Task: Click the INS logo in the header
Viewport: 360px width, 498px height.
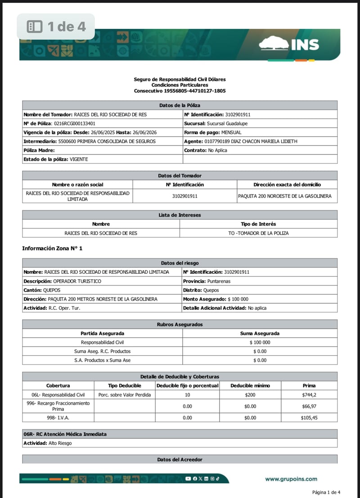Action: pos(289,44)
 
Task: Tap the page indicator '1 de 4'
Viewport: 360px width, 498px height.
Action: pos(56,26)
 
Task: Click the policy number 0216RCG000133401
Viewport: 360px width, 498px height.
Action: pos(74,123)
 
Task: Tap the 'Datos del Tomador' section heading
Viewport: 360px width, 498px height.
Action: pos(180,176)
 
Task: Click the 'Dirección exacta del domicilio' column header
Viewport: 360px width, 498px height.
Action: pos(287,185)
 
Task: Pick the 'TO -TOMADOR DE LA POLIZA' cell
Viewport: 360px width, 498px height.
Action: pos(258,233)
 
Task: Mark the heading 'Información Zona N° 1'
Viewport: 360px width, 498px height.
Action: pos(52,249)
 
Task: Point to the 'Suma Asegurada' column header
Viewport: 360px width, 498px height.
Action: pos(260,334)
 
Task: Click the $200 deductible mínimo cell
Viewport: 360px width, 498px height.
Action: pos(250,395)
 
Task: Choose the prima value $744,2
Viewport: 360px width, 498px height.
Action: pos(309,395)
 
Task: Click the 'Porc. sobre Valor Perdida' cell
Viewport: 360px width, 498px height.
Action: pos(125,395)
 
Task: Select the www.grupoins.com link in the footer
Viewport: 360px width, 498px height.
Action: pos(291,479)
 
